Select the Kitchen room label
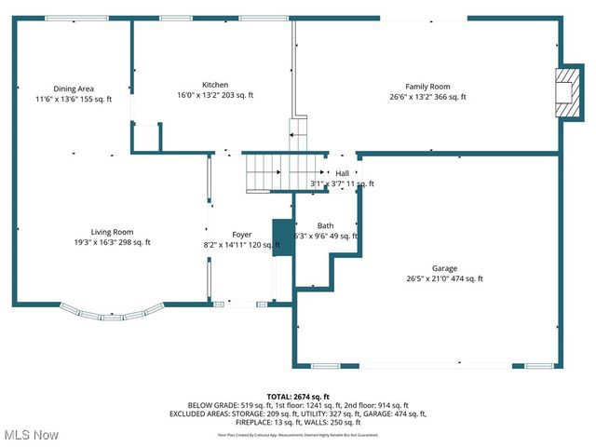[215, 85]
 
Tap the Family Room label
[427, 87]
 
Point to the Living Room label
[112, 232]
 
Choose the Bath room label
[325, 225]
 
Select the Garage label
[444, 268]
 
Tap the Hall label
[343, 173]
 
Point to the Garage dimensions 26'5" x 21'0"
[429, 278]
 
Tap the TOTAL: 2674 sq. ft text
[298, 397]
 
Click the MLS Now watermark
[32, 435]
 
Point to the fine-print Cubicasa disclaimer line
[298, 435]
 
